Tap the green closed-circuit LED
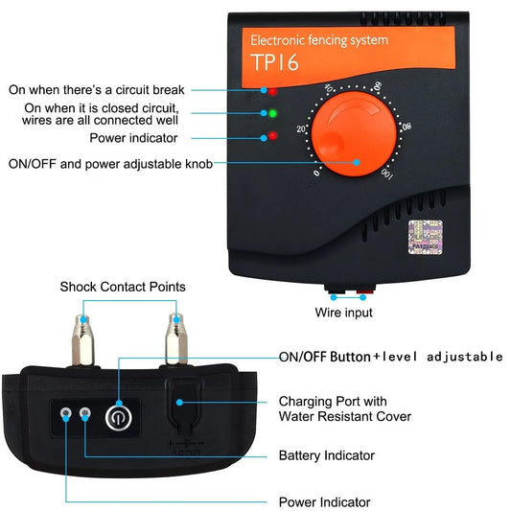pos(272,114)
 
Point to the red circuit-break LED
pos(272,91)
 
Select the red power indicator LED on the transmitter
pos(272,136)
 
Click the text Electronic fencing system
pos(318,40)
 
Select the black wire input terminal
pos(332,288)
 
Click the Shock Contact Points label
pos(123,287)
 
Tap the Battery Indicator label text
pos(326,455)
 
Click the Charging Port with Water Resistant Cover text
pos(344,408)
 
